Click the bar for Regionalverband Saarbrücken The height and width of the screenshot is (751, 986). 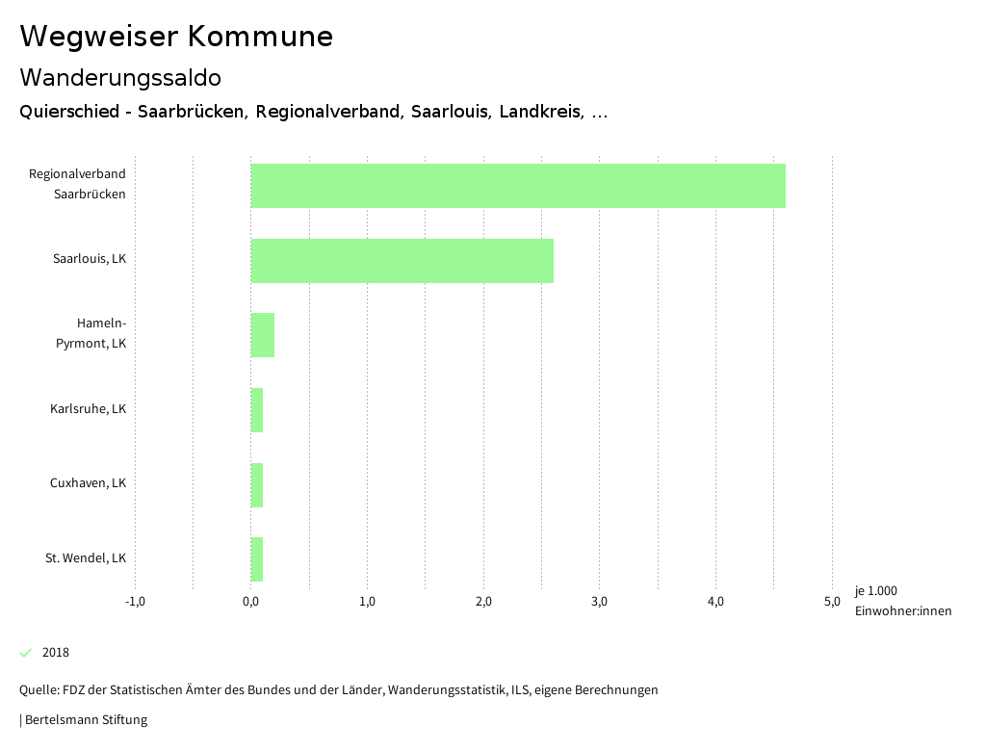[x=518, y=186]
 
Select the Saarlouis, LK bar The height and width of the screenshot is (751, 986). [x=402, y=260]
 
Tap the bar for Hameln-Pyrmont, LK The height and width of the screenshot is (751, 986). [x=263, y=335]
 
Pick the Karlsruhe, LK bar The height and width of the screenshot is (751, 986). [x=257, y=410]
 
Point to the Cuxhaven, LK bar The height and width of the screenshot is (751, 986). [x=257, y=485]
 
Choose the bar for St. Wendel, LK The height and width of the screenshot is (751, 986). [x=257, y=559]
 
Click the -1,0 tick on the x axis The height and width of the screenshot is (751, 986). [x=135, y=602]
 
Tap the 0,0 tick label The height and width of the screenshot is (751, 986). [x=251, y=602]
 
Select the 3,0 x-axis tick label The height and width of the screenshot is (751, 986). [x=600, y=602]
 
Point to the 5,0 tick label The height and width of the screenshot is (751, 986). [x=832, y=602]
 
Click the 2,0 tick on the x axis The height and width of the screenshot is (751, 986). [x=483, y=602]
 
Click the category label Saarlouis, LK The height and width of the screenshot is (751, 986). [x=90, y=259]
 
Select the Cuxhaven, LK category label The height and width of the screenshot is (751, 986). [x=88, y=483]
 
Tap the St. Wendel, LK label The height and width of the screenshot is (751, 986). [x=86, y=558]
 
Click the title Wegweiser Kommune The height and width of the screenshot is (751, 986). [x=176, y=37]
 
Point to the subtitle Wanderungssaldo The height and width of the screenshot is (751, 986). [x=120, y=77]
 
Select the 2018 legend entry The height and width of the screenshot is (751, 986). [x=56, y=653]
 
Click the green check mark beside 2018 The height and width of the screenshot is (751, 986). [x=26, y=653]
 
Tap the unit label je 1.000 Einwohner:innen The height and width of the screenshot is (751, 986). [x=902, y=601]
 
